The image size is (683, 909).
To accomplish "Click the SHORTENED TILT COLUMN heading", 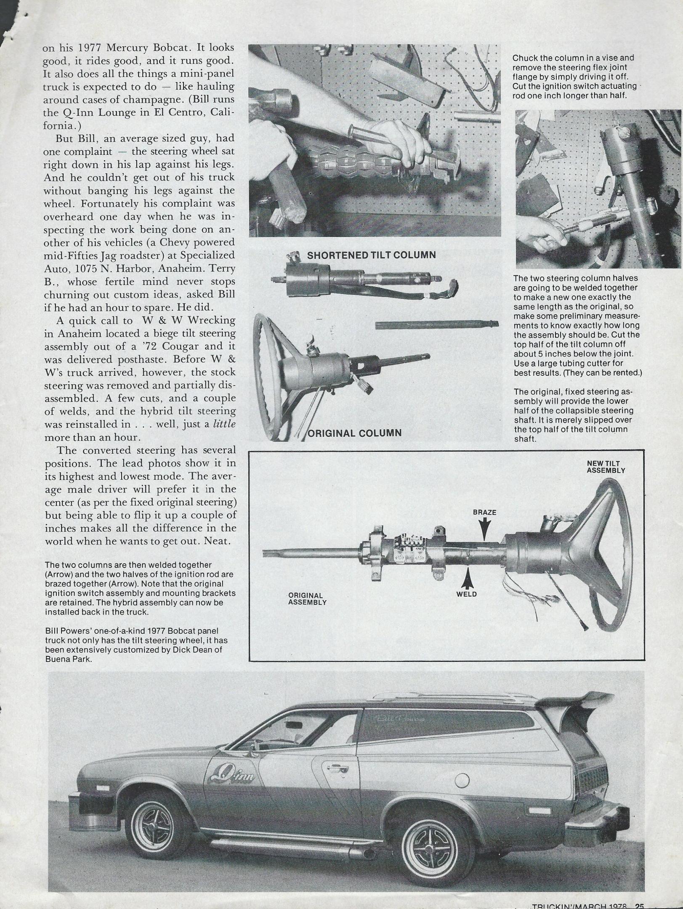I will [x=371, y=255].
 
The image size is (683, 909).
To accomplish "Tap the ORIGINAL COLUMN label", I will [x=355, y=433].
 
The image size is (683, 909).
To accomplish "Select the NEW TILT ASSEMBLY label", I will [x=606, y=467].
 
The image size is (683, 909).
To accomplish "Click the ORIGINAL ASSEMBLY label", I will [x=307, y=599].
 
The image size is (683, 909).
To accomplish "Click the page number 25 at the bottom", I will [x=640, y=905].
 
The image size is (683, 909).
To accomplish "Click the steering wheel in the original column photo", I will [x=273, y=379].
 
